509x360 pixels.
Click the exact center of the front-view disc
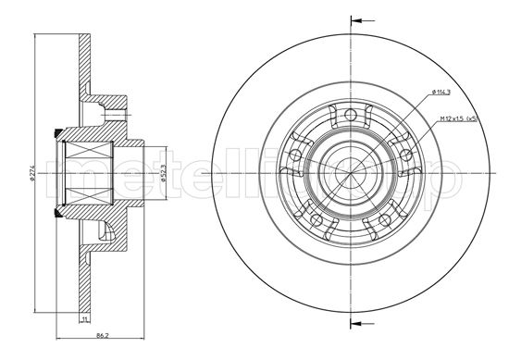point(352,172)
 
